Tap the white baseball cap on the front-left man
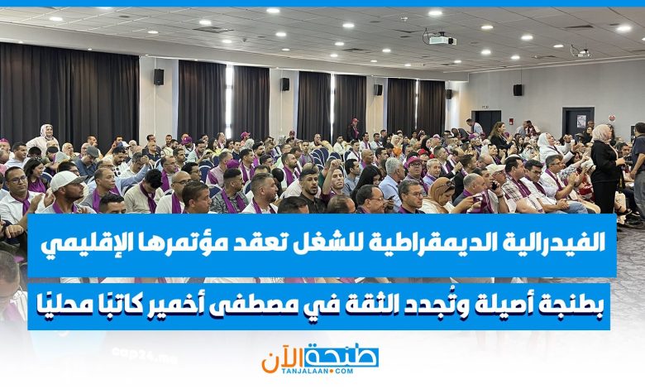[66, 180]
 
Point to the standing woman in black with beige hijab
[605, 169]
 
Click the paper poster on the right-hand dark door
[581, 121]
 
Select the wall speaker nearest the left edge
[159, 77]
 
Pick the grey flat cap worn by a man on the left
[93, 151]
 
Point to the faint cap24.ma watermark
[144, 354]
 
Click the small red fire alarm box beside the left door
[511, 122]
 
